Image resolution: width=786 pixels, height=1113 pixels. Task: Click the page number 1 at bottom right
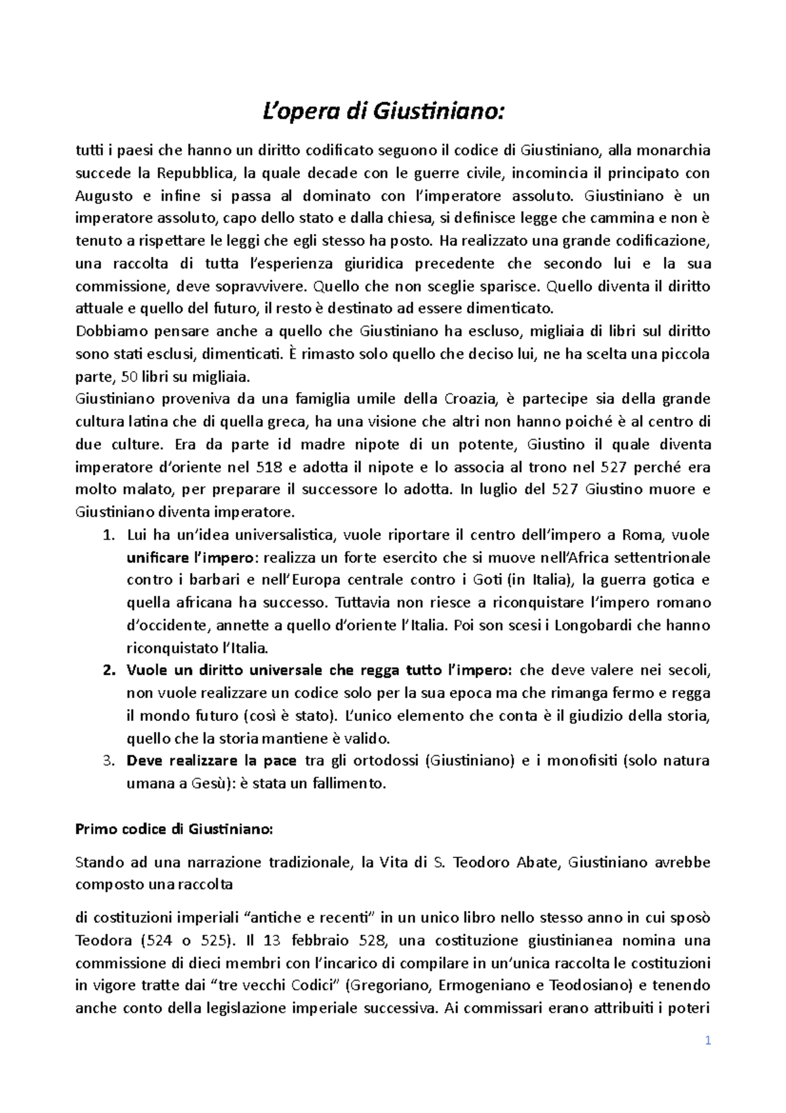(708, 1040)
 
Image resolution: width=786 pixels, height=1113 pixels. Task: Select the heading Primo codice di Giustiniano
(173, 829)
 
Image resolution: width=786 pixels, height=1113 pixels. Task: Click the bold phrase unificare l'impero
(189, 558)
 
